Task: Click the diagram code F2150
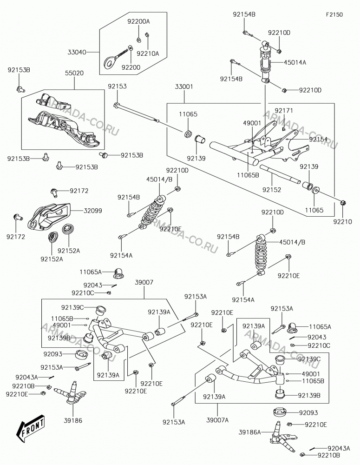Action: point(334,14)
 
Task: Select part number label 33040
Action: point(77,53)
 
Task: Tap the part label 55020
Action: point(74,73)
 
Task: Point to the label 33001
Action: point(184,87)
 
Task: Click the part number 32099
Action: point(93,211)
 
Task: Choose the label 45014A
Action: point(295,62)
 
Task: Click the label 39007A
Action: point(217,420)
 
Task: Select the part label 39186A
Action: point(250,432)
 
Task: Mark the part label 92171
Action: point(284,111)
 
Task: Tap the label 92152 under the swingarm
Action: point(272,190)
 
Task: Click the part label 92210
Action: point(342,221)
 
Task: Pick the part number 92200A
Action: point(139,21)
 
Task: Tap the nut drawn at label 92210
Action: point(343,203)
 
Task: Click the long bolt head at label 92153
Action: point(116,105)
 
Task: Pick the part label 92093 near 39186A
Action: point(308,412)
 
